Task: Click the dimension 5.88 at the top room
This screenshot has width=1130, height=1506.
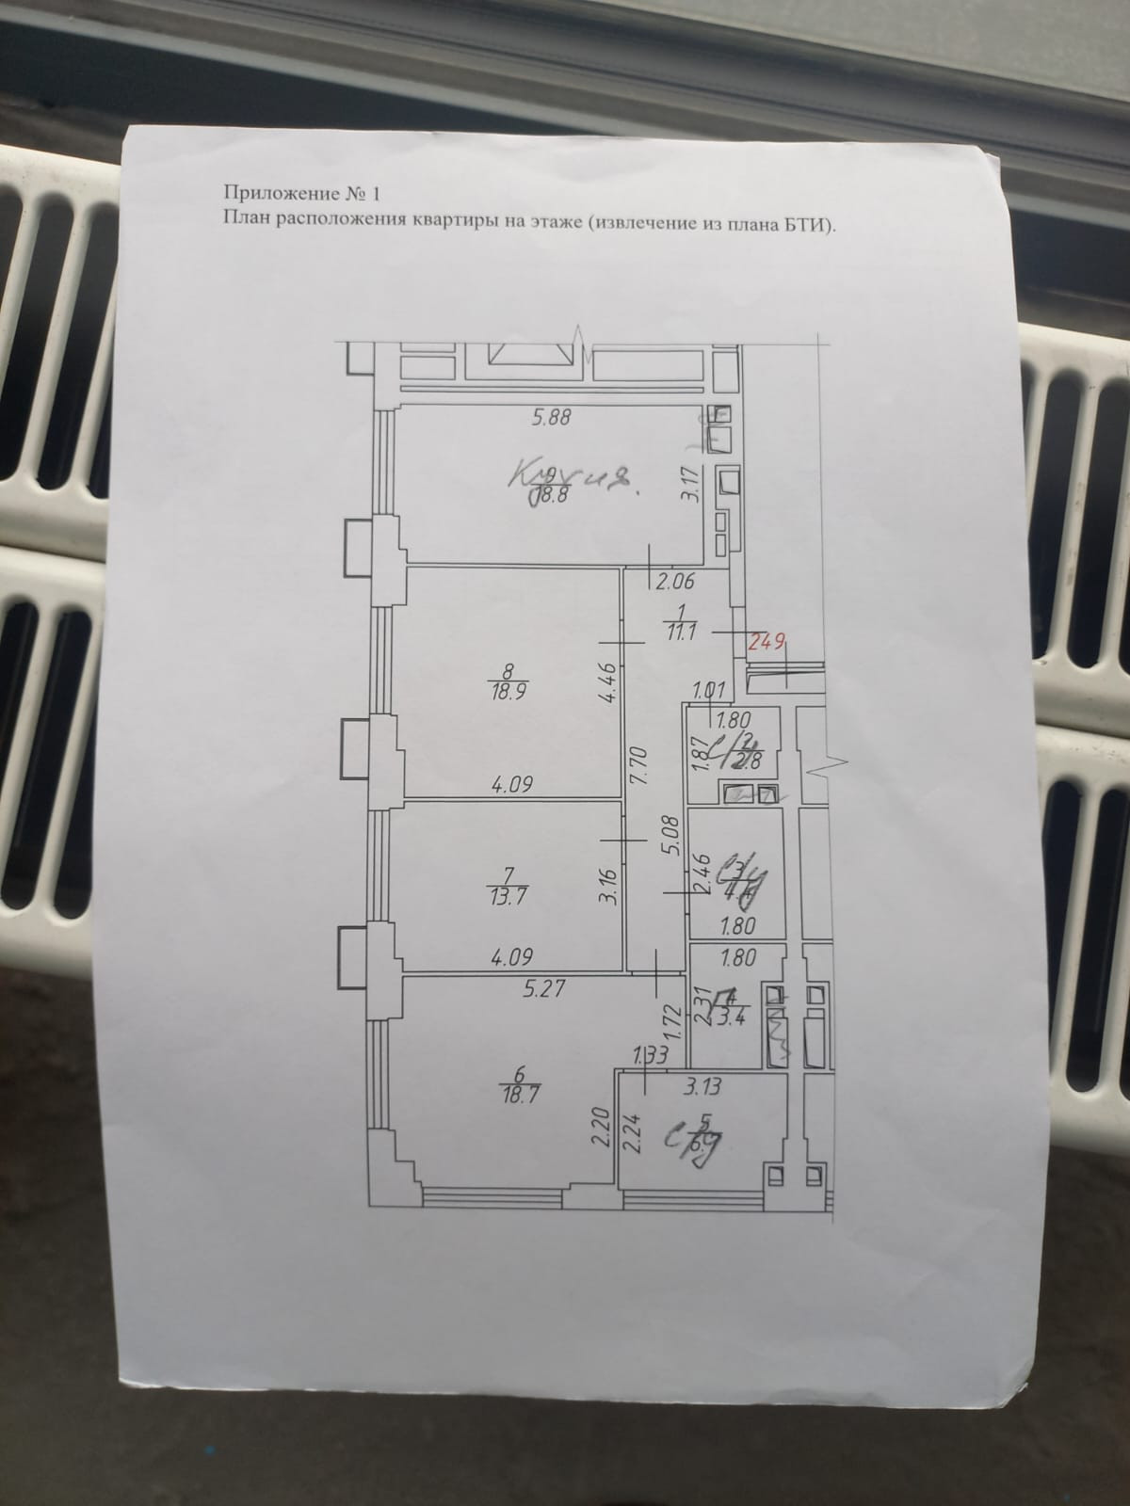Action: tap(552, 420)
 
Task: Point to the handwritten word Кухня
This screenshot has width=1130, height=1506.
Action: tap(569, 480)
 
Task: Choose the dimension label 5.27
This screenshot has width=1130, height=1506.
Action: tap(513, 988)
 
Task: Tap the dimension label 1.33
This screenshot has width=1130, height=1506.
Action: tap(650, 1057)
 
